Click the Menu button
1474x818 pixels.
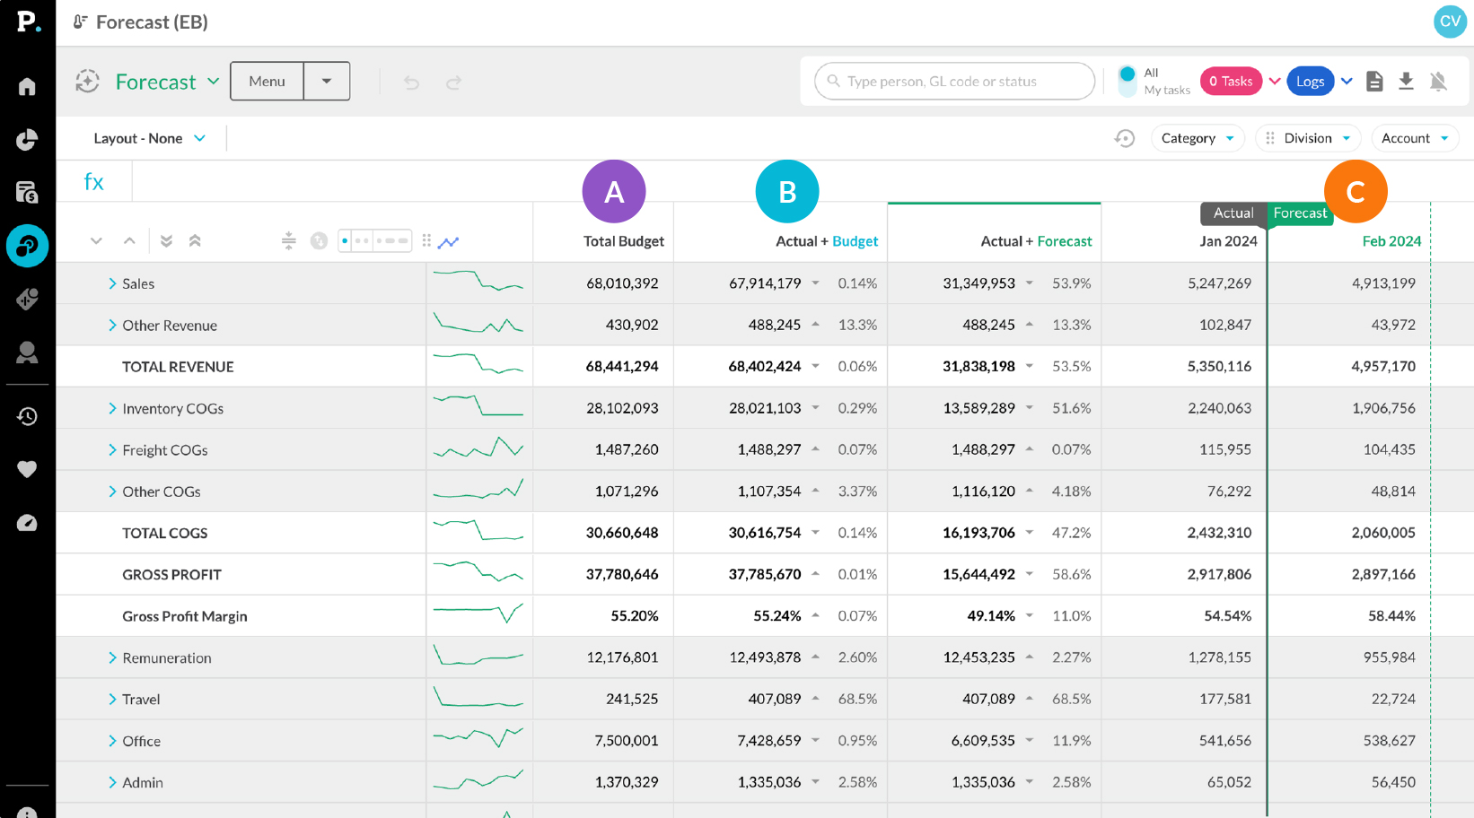tap(267, 82)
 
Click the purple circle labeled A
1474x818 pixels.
tap(614, 192)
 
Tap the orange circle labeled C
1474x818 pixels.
tap(1356, 192)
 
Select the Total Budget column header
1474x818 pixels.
tap(623, 241)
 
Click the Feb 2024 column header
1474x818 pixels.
tap(1391, 241)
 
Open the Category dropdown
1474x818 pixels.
tap(1197, 138)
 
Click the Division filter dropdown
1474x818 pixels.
tap(1308, 138)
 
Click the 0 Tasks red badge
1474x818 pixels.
tap(1231, 82)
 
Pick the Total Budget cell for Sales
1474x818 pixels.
tap(622, 283)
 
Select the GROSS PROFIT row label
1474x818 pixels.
tap(171, 575)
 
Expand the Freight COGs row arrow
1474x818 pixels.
tap(112, 450)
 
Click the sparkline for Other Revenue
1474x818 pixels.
tap(478, 325)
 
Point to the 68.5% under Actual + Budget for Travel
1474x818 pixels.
tap(857, 699)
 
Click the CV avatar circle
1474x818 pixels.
tap(1449, 22)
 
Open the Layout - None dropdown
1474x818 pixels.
tap(149, 138)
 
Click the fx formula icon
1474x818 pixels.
tap(94, 182)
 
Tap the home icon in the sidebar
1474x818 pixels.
tap(27, 87)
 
